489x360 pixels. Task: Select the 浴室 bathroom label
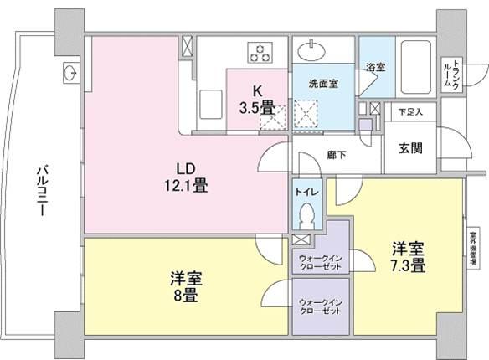(x=374, y=66)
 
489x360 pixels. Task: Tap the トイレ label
(x=304, y=191)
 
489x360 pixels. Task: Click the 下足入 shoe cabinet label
(x=409, y=111)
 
